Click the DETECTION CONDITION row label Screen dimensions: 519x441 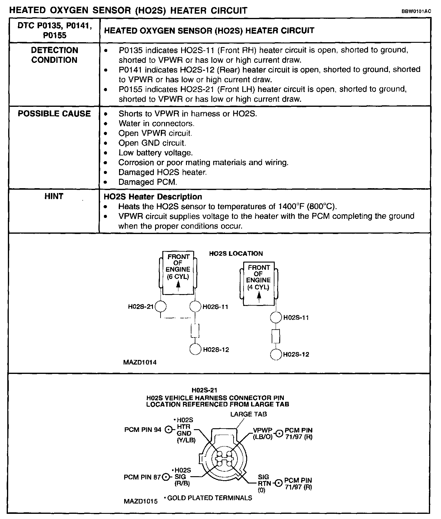point(55,55)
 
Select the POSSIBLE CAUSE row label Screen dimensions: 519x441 point(54,114)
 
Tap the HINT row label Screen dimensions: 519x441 point(54,196)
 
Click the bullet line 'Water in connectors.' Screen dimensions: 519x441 point(156,124)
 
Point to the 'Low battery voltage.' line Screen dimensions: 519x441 point(155,153)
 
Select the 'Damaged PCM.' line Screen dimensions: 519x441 point(148,182)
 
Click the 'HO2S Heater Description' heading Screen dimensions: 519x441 point(153,197)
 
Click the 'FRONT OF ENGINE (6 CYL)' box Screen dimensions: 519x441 point(178,273)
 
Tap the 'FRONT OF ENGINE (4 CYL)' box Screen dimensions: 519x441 point(259,283)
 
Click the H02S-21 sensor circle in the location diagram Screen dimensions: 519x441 point(161,307)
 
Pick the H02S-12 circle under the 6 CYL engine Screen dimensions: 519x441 point(195,349)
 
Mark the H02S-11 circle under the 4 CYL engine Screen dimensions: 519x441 point(276,317)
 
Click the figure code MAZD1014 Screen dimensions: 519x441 point(140,362)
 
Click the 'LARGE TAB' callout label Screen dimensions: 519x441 point(248,414)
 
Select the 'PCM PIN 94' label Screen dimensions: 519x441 point(143,430)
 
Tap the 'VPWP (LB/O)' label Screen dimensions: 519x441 point(263,433)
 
